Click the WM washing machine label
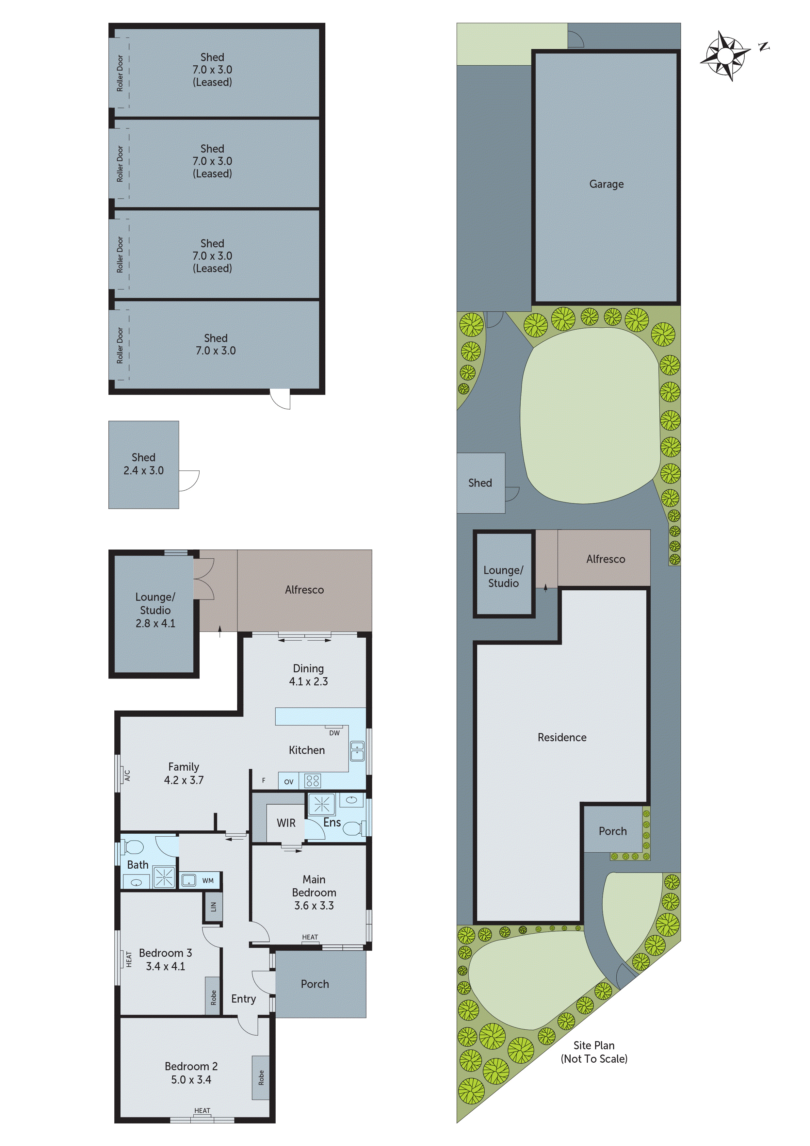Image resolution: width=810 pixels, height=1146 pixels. pos(208,880)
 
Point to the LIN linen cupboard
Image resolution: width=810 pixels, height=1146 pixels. pos(213,906)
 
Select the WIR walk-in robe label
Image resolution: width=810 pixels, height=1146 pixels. pos(286,823)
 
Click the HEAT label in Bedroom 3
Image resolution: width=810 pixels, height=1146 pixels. pos(129,959)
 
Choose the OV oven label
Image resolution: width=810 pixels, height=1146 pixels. pos(288,782)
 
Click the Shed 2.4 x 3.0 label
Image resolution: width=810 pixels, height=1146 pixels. pos(143,464)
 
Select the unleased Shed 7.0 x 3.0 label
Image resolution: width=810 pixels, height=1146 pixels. pos(215,344)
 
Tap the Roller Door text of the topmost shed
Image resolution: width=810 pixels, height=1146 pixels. pos(120,73)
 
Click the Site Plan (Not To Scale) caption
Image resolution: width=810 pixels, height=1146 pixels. pos(593,1052)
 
